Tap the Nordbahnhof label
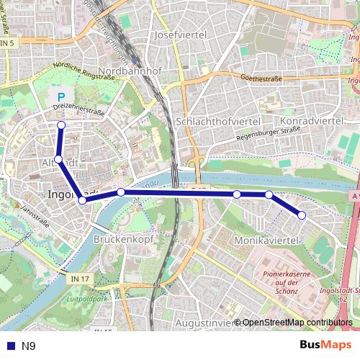pos(133,71)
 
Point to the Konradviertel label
pos(311,121)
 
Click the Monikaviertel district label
pos(266,238)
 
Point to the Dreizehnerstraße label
pos(78,112)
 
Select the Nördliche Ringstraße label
pos(78,76)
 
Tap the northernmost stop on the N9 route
pos(61,125)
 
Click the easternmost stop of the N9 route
pos(302,215)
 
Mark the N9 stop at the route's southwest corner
pos(83,200)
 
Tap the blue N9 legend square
pos(9,346)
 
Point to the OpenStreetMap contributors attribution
pos(297,323)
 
